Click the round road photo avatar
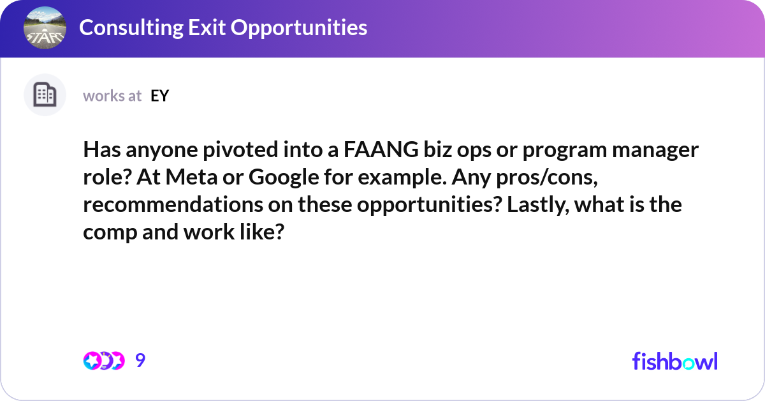point(45,28)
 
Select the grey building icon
point(45,95)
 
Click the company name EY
point(159,96)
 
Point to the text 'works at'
point(112,96)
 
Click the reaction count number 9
point(140,361)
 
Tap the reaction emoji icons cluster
point(103,361)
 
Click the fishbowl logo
point(674,361)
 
